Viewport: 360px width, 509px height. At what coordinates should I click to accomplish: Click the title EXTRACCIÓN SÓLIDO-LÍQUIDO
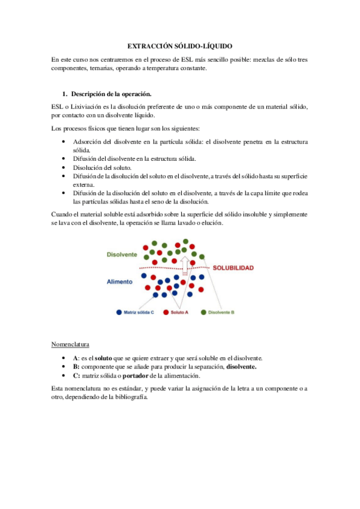pyautogui.click(x=180, y=46)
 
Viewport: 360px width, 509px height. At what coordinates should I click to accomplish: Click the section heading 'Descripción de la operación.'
pyautogui.click(x=111, y=94)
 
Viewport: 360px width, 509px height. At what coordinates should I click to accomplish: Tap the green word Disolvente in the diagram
pyautogui.click(x=122, y=254)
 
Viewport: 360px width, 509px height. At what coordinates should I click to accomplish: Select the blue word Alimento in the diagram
pyautogui.click(x=120, y=281)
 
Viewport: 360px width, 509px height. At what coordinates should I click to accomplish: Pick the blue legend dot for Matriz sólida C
pyautogui.click(x=119, y=312)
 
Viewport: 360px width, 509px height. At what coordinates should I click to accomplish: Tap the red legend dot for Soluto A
pyautogui.click(x=167, y=312)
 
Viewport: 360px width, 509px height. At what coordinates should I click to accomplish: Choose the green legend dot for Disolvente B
pyautogui.click(x=203, y=312)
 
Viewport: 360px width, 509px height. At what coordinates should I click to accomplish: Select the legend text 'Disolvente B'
pyautogui.click(x=221, y=312)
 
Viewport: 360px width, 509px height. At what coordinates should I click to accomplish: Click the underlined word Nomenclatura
pyautogui.click(x=71, y=345)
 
